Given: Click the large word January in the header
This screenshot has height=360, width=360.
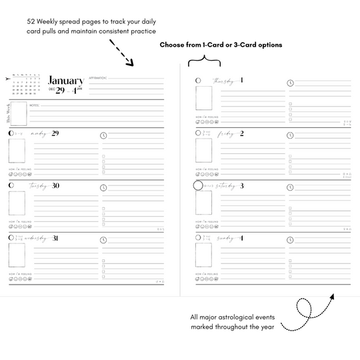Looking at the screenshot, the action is pyautogui.click(x=66, y=81).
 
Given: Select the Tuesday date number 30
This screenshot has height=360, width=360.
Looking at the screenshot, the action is pyautogui.click(x=55, y=186).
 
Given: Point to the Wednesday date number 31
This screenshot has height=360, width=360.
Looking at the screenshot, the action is pyautogui.click(x=55, y=237).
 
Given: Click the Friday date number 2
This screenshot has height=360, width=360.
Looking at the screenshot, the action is pyautogui.click(x=241, y=133).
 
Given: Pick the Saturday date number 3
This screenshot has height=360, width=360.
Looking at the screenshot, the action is pyautogui.click(x=241, y=186).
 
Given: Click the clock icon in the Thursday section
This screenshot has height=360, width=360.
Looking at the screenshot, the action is pyautogui.click(x=290, y=83).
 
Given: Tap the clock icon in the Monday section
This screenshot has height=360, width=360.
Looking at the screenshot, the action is pyautogui.click(x=103, y=135).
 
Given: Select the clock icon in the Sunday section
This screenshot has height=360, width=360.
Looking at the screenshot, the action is pyautogui.click(x=290, y=239).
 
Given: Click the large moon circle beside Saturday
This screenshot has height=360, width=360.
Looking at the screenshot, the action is pyautogui.click(x=197, y=186).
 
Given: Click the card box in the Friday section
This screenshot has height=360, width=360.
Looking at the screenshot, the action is pyautogui.click(x=204, y=151).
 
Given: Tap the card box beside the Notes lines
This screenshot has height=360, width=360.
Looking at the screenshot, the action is pyautogui.click(x=19, y=114).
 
